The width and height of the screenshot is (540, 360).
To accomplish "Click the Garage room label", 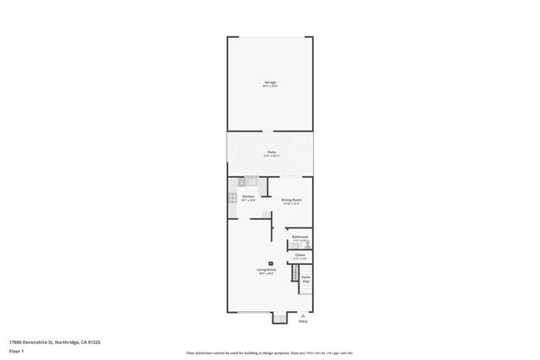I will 270,82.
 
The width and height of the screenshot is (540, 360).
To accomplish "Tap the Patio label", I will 271,152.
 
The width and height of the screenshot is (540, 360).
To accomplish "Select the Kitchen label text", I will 248,196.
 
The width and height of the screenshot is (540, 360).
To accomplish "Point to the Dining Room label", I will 291,199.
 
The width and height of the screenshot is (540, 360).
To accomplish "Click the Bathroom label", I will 300,237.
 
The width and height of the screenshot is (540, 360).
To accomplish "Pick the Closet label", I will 300,253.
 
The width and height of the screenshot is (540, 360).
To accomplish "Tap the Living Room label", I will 267,270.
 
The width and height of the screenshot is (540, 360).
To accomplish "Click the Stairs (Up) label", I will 306,278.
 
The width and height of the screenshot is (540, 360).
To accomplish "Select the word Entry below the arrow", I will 303,321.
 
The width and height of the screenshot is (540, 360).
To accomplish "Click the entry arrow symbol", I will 303,314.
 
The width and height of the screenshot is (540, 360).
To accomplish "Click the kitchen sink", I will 251,180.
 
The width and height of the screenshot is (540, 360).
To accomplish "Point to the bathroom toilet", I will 308,243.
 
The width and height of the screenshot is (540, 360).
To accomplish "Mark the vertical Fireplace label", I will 294,273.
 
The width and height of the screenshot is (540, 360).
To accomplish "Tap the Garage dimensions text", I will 270,85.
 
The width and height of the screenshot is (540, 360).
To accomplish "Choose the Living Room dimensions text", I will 267,273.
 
